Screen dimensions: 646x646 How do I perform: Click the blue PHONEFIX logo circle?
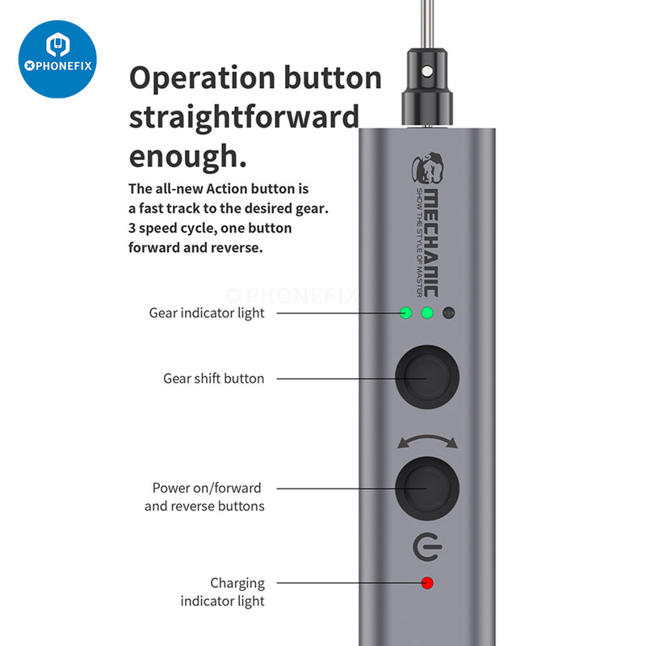pyautogui.click(x=57, y=59)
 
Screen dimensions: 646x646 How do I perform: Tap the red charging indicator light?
pyautogui.click(x=427, y=583)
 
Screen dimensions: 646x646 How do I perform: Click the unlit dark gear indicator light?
pyautogui.click(x=449, y=313)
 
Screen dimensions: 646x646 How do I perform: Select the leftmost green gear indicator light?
pyautogui.click(x=406, y=313)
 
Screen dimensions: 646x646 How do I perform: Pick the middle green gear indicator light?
pyautogui.click(x=427, y=313)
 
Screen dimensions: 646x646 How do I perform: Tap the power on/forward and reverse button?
pyautogui.click(x=427, y=489)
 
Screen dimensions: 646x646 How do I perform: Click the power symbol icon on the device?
pyautogui.click(x=427, y=547)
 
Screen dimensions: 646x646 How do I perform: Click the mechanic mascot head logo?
pyautogui.click(x=428, y=168)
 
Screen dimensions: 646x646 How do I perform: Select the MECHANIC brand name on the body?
pyautogui.click(x=431, y=243)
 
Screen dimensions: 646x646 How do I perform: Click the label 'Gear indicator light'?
pyautogui.click(x=207, y=313)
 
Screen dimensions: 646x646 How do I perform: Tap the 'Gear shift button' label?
pyautogui.click(x=213, y=378)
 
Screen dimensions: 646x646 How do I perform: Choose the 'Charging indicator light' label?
pyautogui.click(x=223, y=592)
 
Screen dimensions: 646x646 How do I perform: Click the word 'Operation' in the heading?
pyautogui.click(x=203, y=78)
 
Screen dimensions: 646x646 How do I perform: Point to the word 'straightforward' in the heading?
pyautogui.click(x=245, y=117)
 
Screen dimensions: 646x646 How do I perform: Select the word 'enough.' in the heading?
pyautogui.click(x=188, y=157)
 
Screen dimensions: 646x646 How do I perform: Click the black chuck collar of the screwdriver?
pyautogui.click(x=427, y=86)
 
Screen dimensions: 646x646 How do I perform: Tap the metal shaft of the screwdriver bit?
pyautogui.click(x=427, y=24)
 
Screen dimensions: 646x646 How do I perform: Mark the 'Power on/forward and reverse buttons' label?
pyautogui.click(x=204, y=497)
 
